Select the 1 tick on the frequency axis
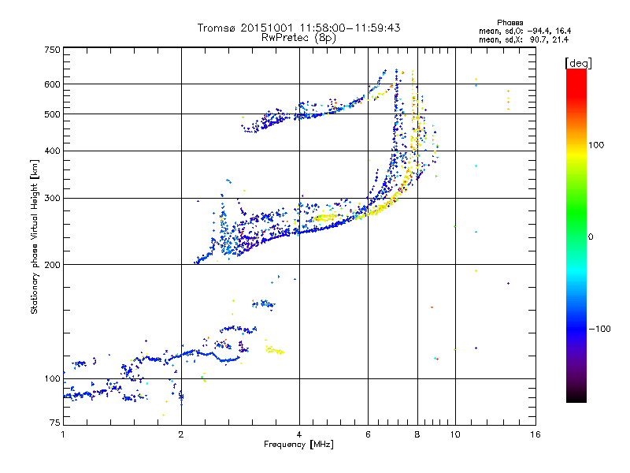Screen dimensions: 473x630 tap(63, 434)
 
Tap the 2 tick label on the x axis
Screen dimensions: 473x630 tap(181, 434)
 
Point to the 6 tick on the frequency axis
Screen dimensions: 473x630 tap(368, 434)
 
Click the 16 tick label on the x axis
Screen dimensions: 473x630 tap(535, 434)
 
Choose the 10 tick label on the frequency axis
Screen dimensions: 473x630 tap(454, 434)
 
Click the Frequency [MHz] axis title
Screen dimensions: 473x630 tap(298, 445)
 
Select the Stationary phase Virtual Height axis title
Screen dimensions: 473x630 tap(35, 236)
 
